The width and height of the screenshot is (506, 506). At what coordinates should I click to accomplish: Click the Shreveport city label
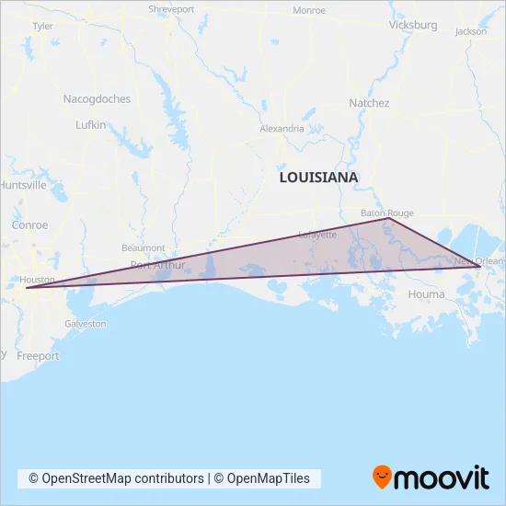point(171,10)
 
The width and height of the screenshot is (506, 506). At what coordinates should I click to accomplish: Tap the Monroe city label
point(309,10)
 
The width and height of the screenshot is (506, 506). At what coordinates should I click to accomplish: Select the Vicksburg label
point(413,25)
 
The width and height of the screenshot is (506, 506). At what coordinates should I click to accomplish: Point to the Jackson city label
point(470,31)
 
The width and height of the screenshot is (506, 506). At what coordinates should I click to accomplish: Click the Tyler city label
point(42,27)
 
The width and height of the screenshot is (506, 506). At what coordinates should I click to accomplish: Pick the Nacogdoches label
point(97,98)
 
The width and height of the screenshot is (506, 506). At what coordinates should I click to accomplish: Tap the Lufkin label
point(91,123)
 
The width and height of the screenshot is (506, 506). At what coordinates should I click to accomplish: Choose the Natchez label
point(370,103)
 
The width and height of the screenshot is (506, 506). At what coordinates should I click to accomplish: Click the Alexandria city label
point(282,129)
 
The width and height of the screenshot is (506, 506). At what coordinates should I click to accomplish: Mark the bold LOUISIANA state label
point(318,177)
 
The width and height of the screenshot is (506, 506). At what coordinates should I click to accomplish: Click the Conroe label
point(29,224)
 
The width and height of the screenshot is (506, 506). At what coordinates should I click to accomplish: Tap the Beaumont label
point(143,248)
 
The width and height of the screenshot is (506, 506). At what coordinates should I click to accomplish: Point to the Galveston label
point(85,324)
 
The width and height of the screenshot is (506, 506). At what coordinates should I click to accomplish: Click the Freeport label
point(38,356)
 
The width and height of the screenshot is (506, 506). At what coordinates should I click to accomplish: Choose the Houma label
point(427,294)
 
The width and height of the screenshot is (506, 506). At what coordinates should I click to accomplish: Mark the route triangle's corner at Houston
point(27,288)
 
